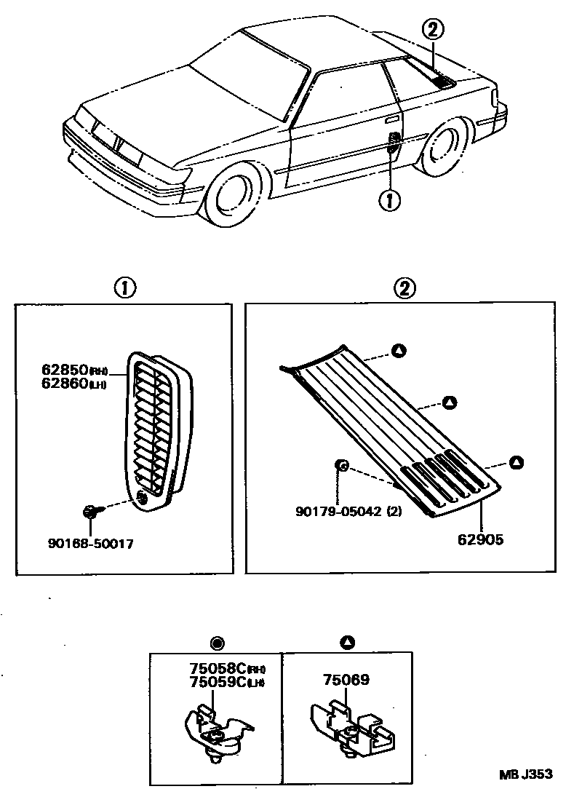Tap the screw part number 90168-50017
coord(89,543)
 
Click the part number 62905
coord(482,540)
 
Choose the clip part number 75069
coord(347,680)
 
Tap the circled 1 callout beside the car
coord(390,199)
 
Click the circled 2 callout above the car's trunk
coord(432,30)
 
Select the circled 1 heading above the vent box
coord(124,288)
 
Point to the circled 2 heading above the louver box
coord(405,288)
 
